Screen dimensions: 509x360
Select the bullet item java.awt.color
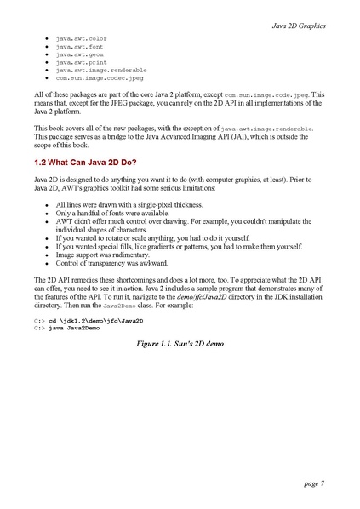click(81, 39)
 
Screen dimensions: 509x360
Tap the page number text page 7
click(313, 483)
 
